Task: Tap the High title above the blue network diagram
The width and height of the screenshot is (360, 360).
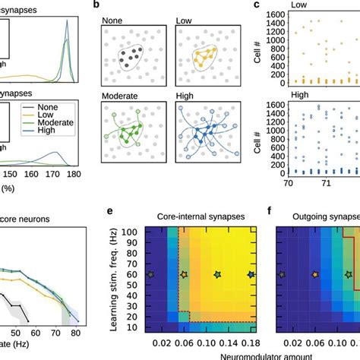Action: point(188,97)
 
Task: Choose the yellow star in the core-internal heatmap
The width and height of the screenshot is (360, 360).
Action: point(182,274)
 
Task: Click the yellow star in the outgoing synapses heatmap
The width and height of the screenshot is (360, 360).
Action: point(315,274)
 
